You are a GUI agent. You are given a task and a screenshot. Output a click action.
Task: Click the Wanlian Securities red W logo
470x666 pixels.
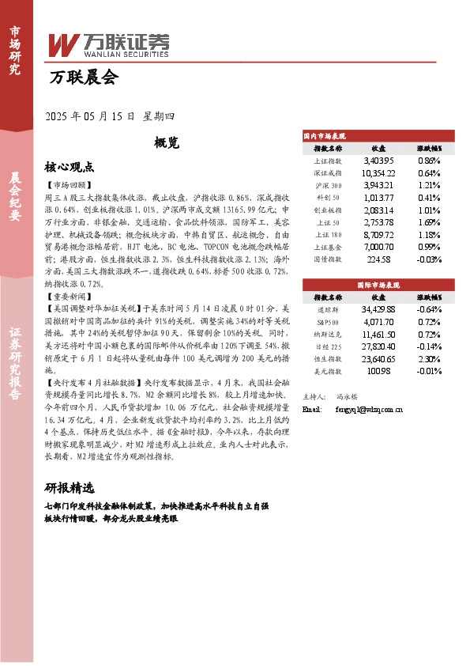click(x=63, y=46)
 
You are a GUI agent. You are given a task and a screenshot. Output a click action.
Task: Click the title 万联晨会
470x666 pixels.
click(x=83, y=78)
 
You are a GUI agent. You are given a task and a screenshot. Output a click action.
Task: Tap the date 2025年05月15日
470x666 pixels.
click(x=92, y=115)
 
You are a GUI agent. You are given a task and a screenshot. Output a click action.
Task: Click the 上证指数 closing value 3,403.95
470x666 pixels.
click(x=378, y=160)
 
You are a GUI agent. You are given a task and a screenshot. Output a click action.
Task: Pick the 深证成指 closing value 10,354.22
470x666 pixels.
click(x=378, y=172)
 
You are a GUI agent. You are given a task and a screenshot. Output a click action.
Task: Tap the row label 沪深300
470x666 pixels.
click(x=328, y=185)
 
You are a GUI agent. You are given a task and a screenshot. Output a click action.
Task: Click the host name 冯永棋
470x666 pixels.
click(x=348, y=395)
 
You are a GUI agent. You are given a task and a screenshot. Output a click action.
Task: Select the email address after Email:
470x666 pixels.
click(x=368, y=409)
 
